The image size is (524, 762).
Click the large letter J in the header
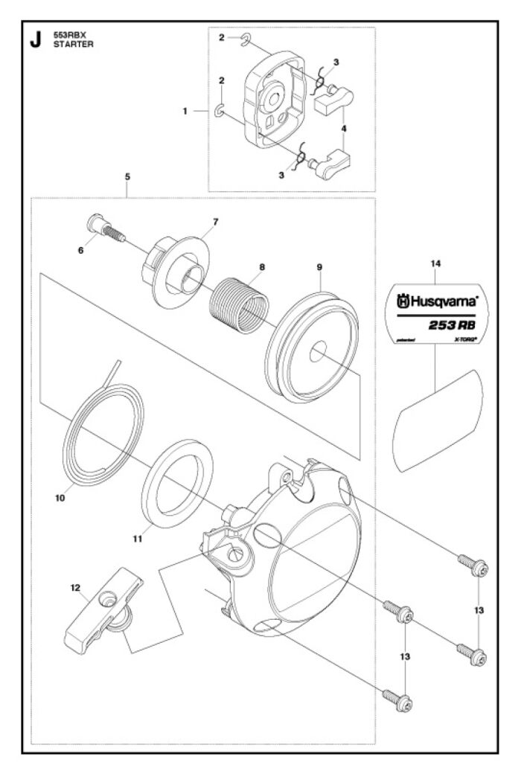tap(34, 40)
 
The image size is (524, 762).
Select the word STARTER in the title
tap(70, 45)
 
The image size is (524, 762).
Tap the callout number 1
tap(185, 111)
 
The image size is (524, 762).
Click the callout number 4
tap(344, 129)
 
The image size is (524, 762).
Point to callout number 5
tap(127, 177)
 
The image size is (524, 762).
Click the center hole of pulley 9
tap(319, 350)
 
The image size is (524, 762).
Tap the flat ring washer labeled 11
tap(177, 481)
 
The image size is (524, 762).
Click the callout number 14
tap(436, 263)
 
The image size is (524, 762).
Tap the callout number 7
tap(215, 222)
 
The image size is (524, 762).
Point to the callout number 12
tap(75, 587)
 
